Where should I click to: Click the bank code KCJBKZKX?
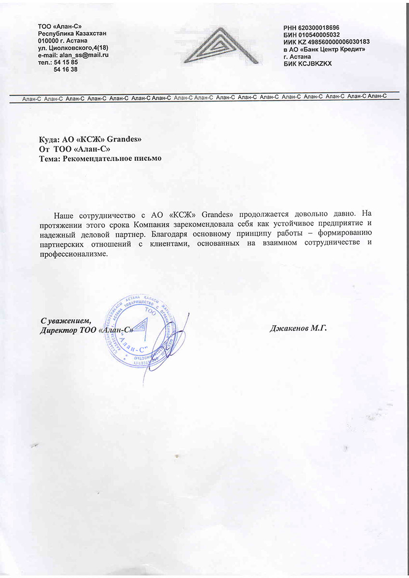[x=315, y=64]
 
